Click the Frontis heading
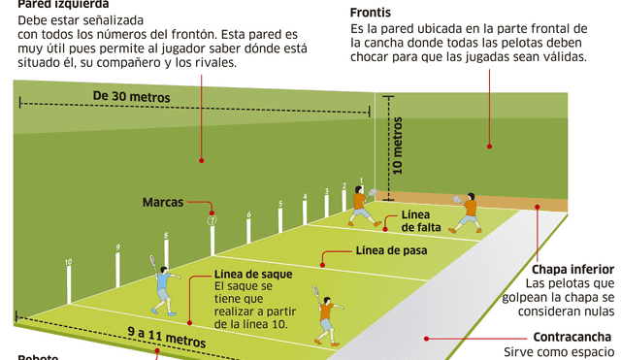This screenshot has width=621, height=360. (371, 12)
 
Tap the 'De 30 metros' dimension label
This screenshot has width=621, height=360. (132, 96)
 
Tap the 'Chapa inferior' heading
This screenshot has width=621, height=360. (573, 269)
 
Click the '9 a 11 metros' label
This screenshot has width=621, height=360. (166, 341)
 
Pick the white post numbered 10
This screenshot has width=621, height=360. (69, 281)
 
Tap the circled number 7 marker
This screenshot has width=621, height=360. (211, 220)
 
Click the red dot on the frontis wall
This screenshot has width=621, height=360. (490, 147)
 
